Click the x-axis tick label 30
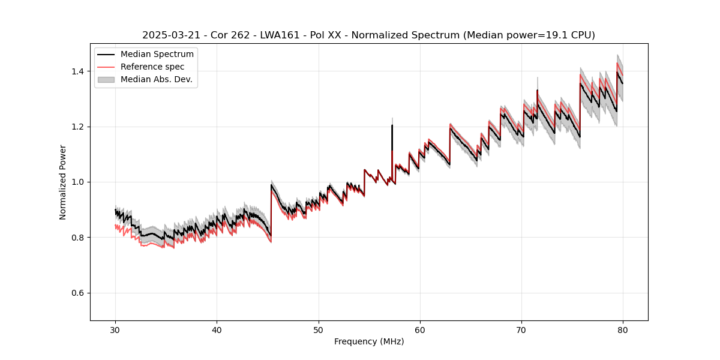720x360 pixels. pyautogui.click(x=116, y=330)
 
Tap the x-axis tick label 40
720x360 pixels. pyautogui.click(x=217, y=330)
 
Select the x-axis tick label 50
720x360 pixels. pyautogui.click(x=319, y=330)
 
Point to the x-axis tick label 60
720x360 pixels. pyautogui.click(x=420, y=330)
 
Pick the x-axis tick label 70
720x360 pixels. pyautogui.click(x=521, y=330)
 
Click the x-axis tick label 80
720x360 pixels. pyautogui.click(x=623, y=330)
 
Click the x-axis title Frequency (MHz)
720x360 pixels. pyautogui.click(x=369, y=341)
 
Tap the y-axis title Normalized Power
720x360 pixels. pyautogui.click(x=63, y=182)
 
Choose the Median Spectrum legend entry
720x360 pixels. pyautogui.click(x=157, y=55)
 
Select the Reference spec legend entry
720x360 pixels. pyautogui.click(x=152, y=67)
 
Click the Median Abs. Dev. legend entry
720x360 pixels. pyautogui.click(x=156, y=79)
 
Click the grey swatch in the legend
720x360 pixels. pyautogui.click(x=107, y=79)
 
